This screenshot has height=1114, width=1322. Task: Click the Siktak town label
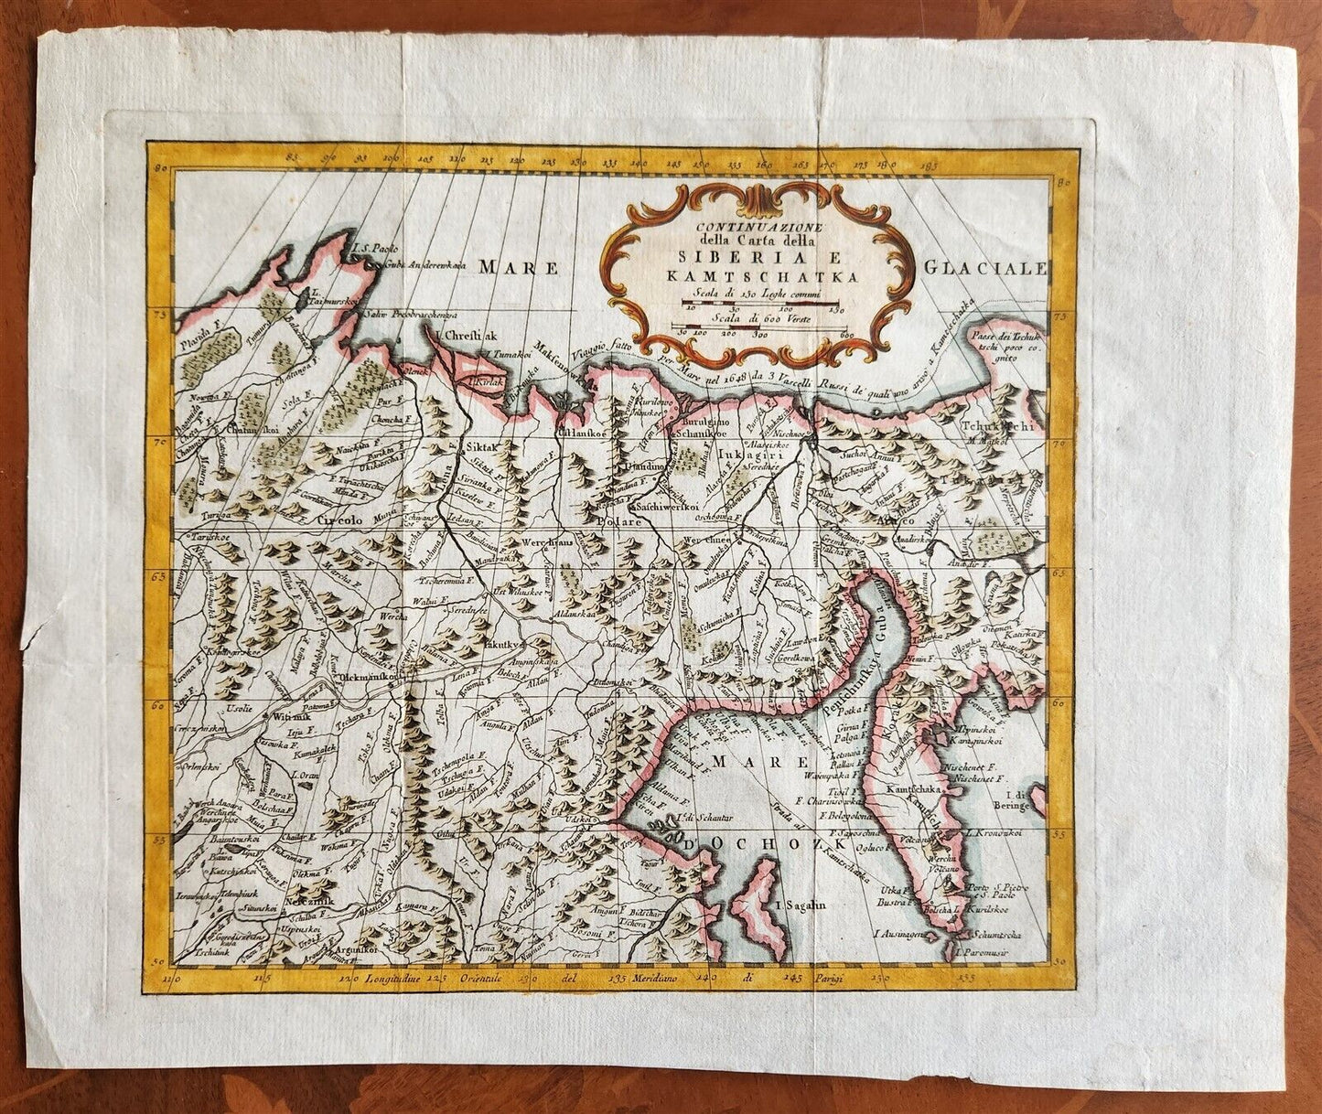pyautogui.click(x=481, y=447)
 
